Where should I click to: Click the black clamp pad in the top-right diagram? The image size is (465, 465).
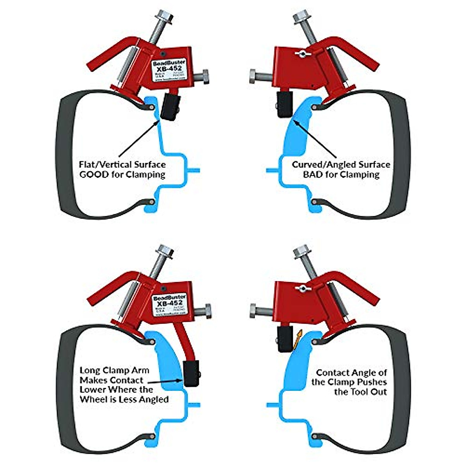tap(284, 105)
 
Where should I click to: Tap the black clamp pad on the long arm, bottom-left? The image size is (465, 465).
tap(192, 373)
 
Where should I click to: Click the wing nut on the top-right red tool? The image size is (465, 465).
tap(300, 52)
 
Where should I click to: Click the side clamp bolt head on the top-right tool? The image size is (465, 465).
tap(254, 76)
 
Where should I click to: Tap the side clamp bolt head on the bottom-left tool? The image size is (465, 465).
tap(207, 310)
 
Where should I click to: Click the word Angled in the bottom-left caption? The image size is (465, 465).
tap(153, 399)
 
